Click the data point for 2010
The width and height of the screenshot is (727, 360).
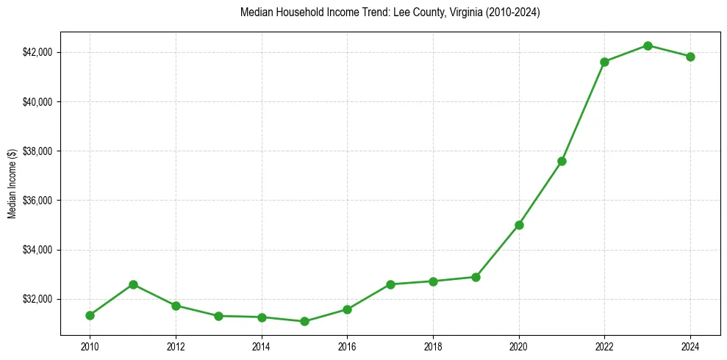click(x=90, y=315)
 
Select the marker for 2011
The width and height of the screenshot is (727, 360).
click(x=133, y=284)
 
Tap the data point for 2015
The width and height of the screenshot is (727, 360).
click(x=304, y=321)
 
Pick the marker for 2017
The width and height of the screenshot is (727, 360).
click(x=390, y=284)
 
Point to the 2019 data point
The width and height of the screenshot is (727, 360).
click(x=476, y=277)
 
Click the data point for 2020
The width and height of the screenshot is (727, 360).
click(x=519, y=225)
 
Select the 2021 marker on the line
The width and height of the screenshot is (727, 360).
click(x=562, y=161)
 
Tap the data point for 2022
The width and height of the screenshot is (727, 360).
click(x=605, y=62)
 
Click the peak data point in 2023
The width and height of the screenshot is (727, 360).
click(x=648, y=46)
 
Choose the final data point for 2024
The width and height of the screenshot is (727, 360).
click(x=690, y=57)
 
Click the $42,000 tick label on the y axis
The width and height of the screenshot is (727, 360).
click(x=37, y=52)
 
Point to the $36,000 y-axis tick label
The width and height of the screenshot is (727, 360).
click(x=37, y=201)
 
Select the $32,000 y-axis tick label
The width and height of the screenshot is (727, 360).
click(x=37, y=299)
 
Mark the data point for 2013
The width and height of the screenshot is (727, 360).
click(x=218, y=316)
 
